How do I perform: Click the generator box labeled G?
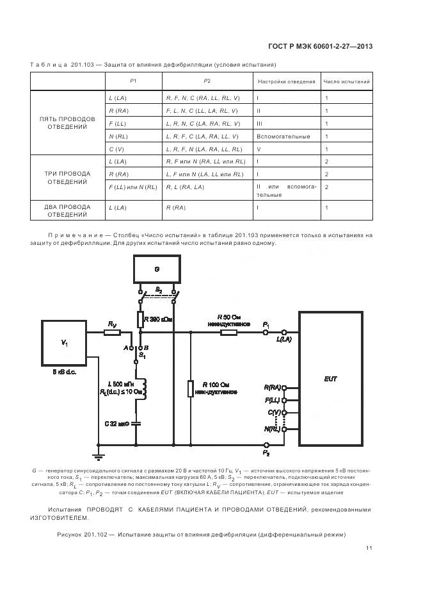(157, 270)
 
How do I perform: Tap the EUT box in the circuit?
(330, 378)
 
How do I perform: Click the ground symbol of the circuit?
(97, 456)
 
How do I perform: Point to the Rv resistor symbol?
(113, 332)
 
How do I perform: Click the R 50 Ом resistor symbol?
(228, 332)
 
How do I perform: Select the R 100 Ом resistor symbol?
(190, 388)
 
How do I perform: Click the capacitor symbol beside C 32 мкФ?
(136, 423)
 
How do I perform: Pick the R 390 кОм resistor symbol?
(139, 319)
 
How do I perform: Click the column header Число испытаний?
(346, 82)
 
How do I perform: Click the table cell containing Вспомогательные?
(283, 137)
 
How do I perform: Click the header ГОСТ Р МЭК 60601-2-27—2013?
(319, 46)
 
